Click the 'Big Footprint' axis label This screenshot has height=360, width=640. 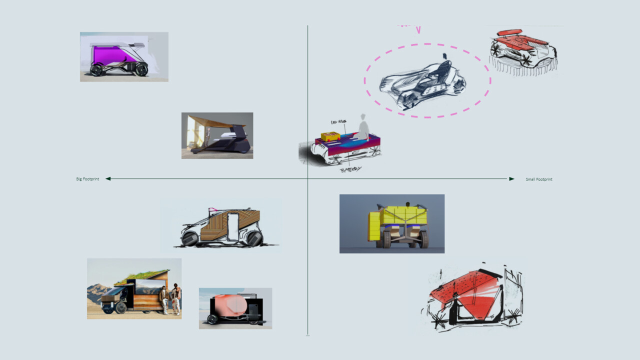point(87,179)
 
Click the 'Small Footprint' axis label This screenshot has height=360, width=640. point(539,179)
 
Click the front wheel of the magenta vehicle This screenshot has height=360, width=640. point(96,69)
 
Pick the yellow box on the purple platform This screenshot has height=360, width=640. point(330,136)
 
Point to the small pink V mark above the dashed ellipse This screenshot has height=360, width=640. point(418,29)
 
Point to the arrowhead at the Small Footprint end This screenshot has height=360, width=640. point(511,178)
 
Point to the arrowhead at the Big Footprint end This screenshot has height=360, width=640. point(108,178)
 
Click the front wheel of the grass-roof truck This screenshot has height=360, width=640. point(120,307)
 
